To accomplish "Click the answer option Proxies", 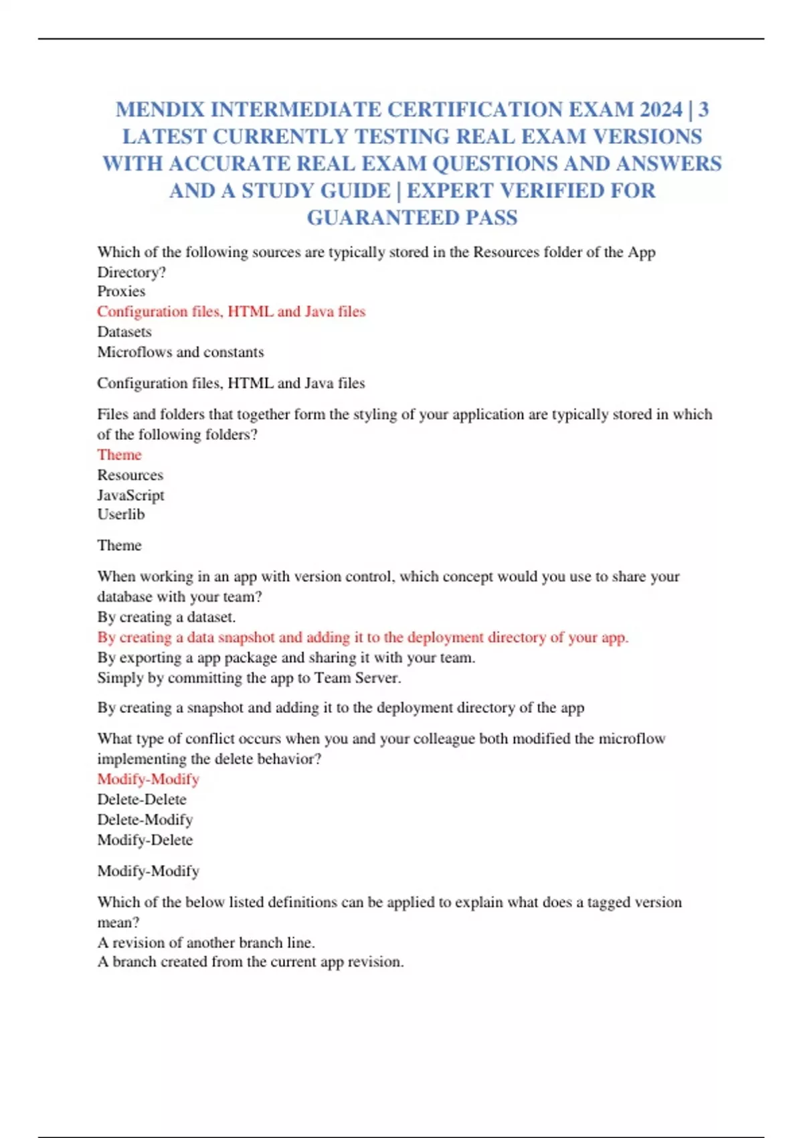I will [x=121, y=291].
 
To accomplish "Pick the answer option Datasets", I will [x=124, y=331].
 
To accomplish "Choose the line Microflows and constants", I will [x=181, y=351].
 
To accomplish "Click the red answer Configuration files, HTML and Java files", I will [x=231, y=311].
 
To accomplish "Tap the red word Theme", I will [x=119, y=455].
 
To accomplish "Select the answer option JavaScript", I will [x=130, y=495].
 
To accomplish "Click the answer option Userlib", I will [x=121, y=514].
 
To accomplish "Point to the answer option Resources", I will [x=130, y=475].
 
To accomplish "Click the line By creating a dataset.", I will [x=167, y=617].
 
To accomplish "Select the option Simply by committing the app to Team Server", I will [x=249, y=677].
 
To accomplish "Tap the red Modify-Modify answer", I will [x=148, y=779].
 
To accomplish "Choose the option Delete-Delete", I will [x=142, y=799].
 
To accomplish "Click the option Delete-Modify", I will [x=145, y=819].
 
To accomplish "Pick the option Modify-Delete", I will [x=145, y=839].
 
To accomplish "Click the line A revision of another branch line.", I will [x=206, y=943].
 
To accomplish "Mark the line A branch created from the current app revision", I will [x=250, y=962].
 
